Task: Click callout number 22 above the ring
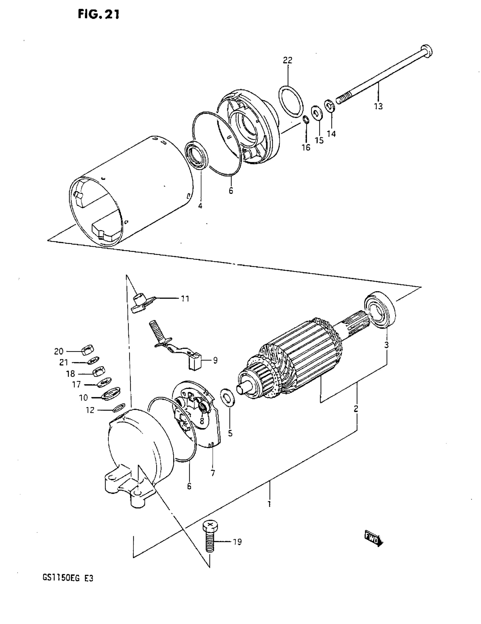click(x=287, y=60)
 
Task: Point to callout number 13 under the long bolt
click(x=378, y=106)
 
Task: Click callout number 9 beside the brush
click(x=215, y=360)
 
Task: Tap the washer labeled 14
click(x=330, y=106)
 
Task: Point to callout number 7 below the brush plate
click(x=212, y=473)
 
